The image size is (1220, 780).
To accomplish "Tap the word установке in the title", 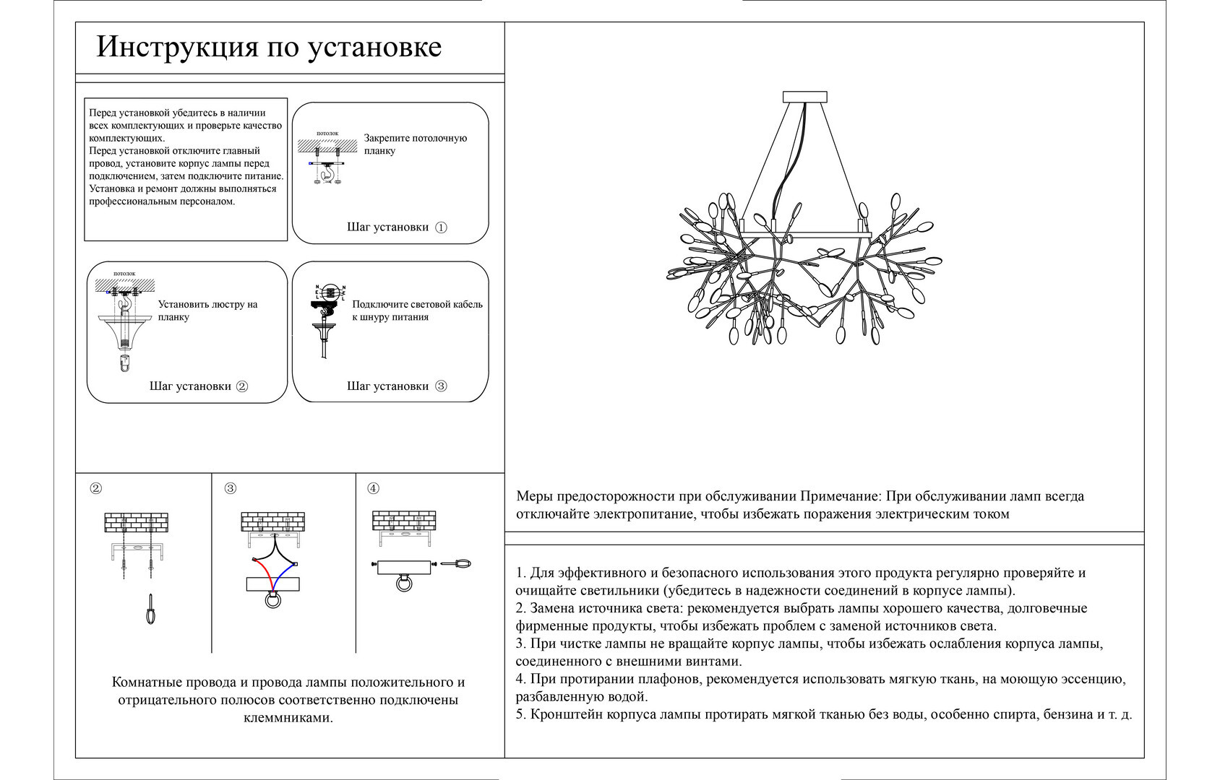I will click(x=374, y=48).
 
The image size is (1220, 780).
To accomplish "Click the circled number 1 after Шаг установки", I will click(x=441, y=227).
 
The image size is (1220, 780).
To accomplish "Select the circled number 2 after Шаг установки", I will click(x=242, y=386).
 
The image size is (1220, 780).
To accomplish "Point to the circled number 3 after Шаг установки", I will click(x=441, y=386).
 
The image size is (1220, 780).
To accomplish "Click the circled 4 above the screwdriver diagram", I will click(x=373, y=488).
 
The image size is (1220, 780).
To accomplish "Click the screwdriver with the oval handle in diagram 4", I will click(x=458, y=564).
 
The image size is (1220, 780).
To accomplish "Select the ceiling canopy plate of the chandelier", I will click(x=804, y=96).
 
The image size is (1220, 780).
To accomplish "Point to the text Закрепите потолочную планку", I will click(x=415, y=144).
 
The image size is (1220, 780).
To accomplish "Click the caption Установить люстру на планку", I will click(x=207, y=311).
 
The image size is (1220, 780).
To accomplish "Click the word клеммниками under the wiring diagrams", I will click(x=288, y=718).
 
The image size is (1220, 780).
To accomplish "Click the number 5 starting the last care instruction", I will click(x=520, y=715).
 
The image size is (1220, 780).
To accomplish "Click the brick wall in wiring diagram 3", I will click(x=272, y=521).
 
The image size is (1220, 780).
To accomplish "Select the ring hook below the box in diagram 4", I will click(x=404, y=583).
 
